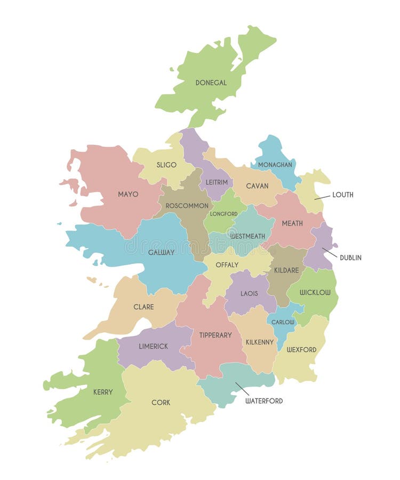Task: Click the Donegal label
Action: tap(211, 83)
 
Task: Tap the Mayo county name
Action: tap(128, 194)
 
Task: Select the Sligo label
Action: tap(166, 165)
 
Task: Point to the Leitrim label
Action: tap(217, 182)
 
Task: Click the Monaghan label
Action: tap(275, 165)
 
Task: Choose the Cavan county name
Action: tap(257, 186)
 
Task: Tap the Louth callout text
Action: tap(342, 195)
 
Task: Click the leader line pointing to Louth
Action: tap(322, 197)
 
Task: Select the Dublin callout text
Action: tap(350, 258)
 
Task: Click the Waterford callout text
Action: tap(264, 401)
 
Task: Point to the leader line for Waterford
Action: tap(242, 389)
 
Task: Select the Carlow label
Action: tap(283, 322)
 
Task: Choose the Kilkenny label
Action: tap(260, 342)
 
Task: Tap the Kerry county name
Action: tap(103, 392)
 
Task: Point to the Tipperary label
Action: tap(215, 335)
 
